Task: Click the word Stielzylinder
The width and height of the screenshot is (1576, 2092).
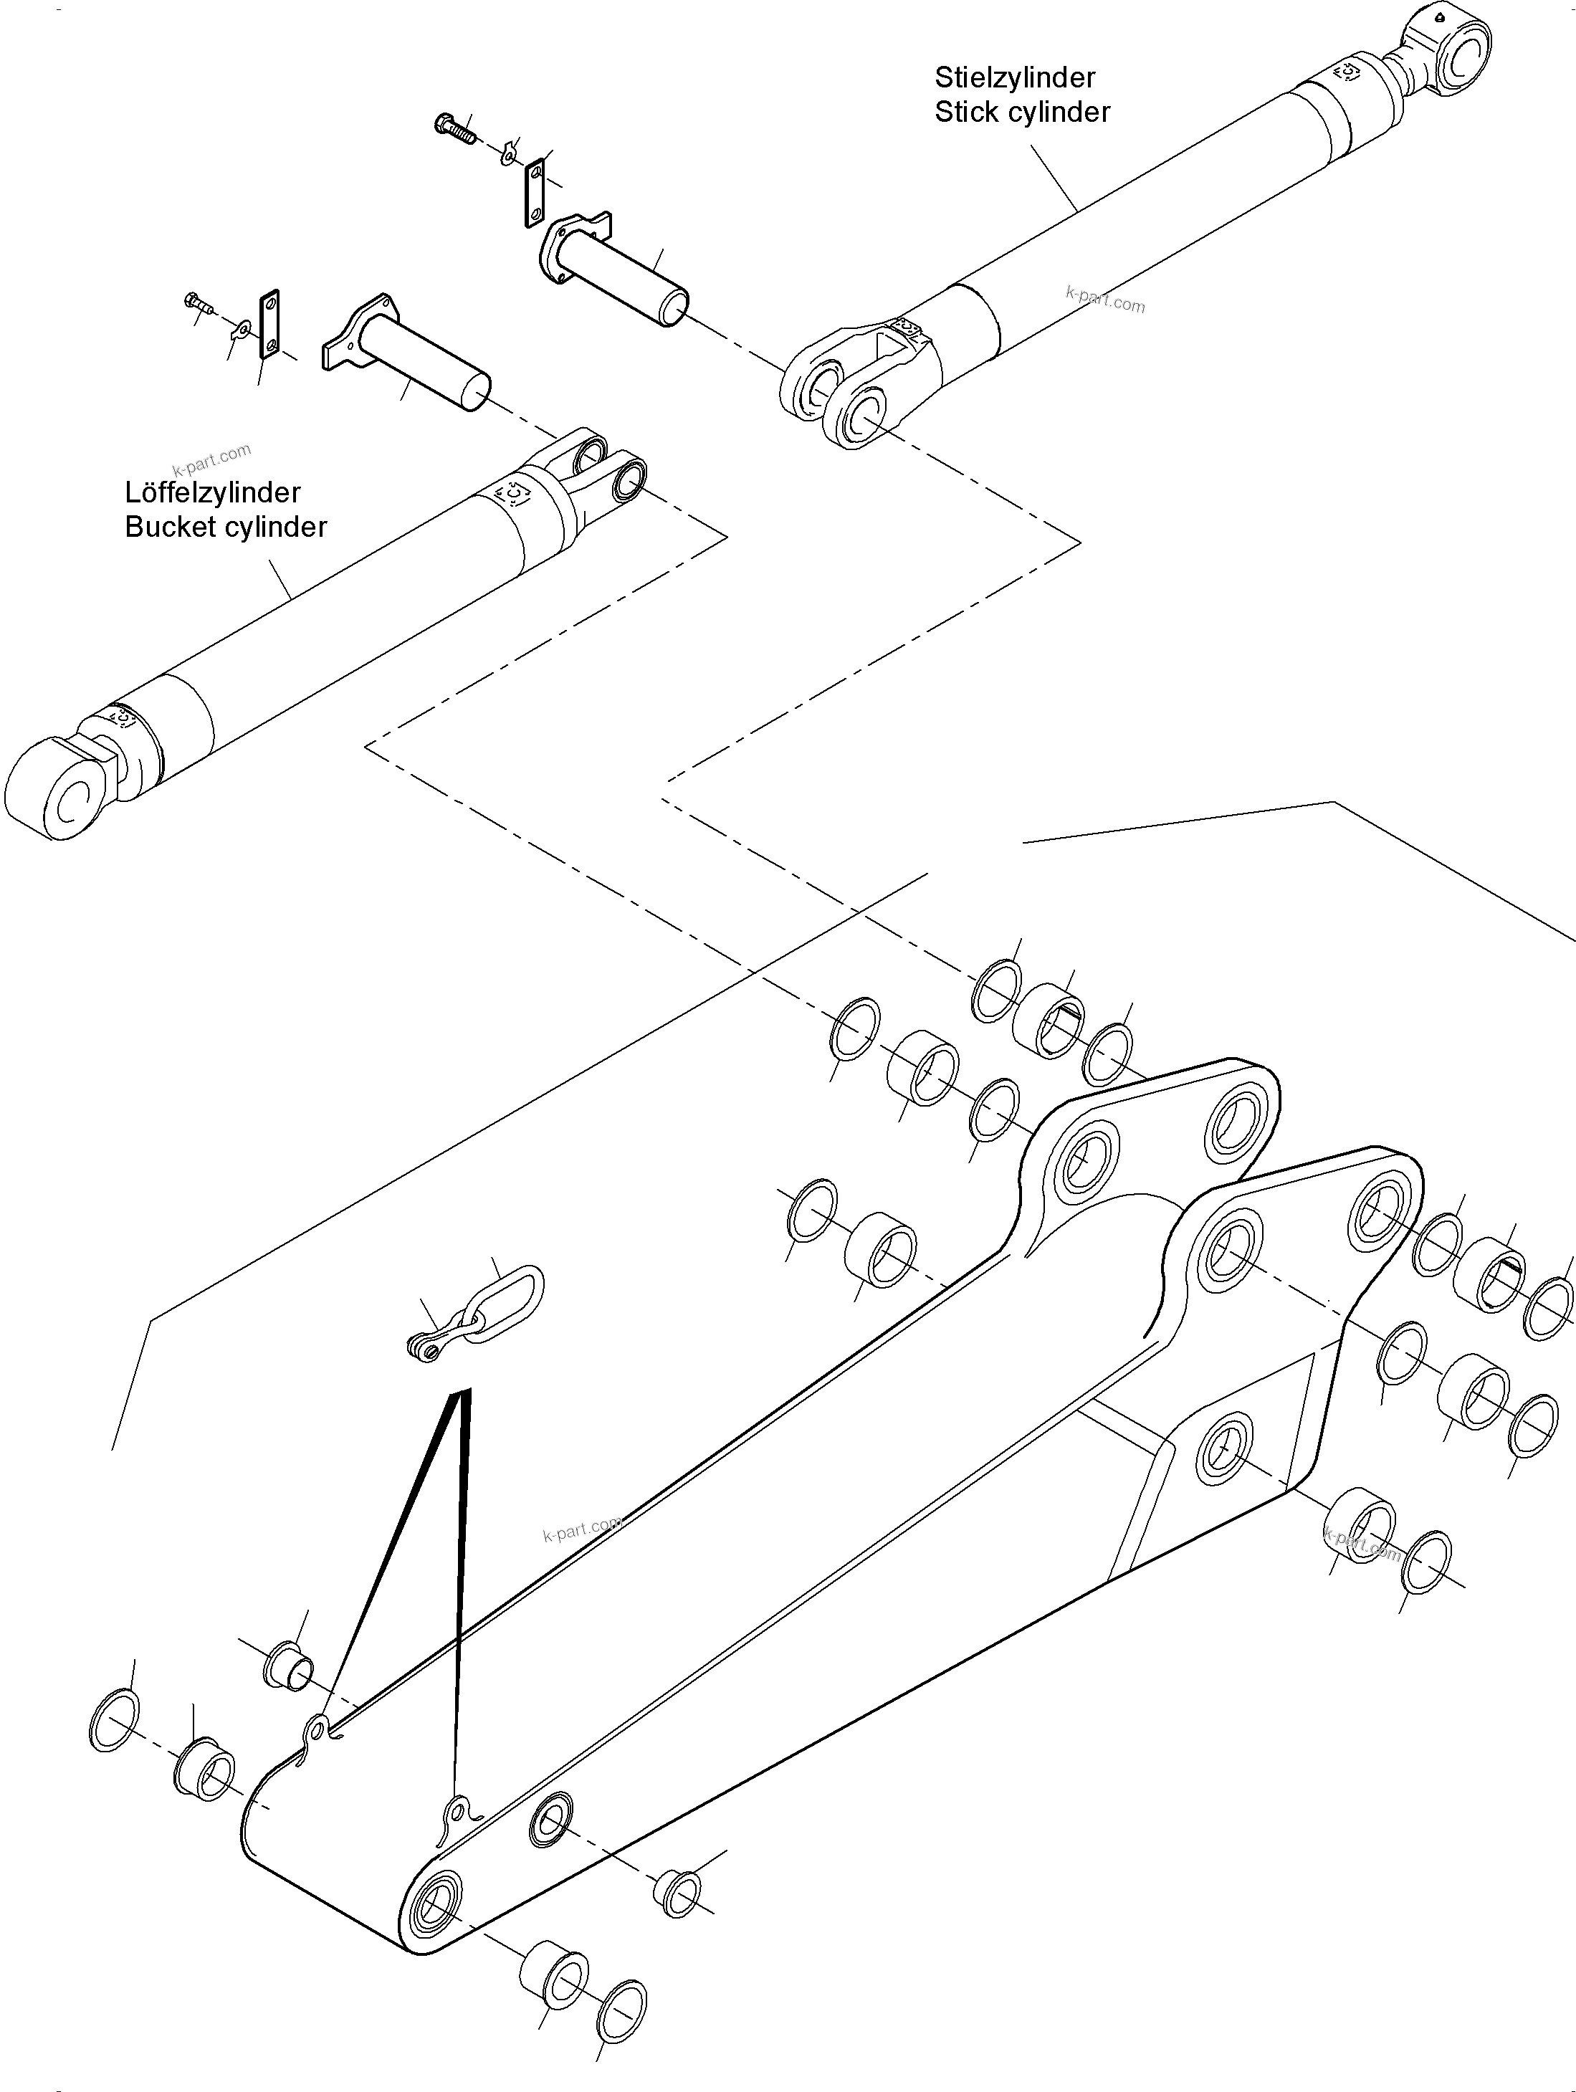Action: (1014, 77)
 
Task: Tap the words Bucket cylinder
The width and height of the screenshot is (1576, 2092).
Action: (225, 527)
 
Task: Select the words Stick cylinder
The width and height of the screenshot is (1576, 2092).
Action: (1022, 112)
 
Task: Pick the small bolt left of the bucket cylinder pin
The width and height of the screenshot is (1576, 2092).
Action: (198, 302)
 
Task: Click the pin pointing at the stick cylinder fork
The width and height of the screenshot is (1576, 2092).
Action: (615, 274)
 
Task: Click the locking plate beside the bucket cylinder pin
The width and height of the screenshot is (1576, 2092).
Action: (269, 325)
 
